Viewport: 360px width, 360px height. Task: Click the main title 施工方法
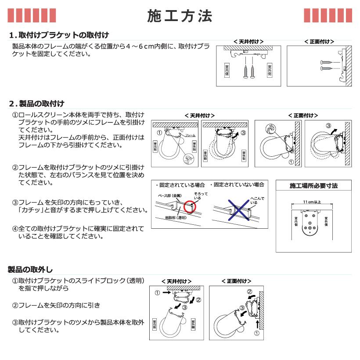point(180,16)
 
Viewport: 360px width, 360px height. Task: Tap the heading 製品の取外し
point(31,269)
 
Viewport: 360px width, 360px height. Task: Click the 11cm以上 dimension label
point(312,202)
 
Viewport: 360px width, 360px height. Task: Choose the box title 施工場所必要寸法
point(313,186)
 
